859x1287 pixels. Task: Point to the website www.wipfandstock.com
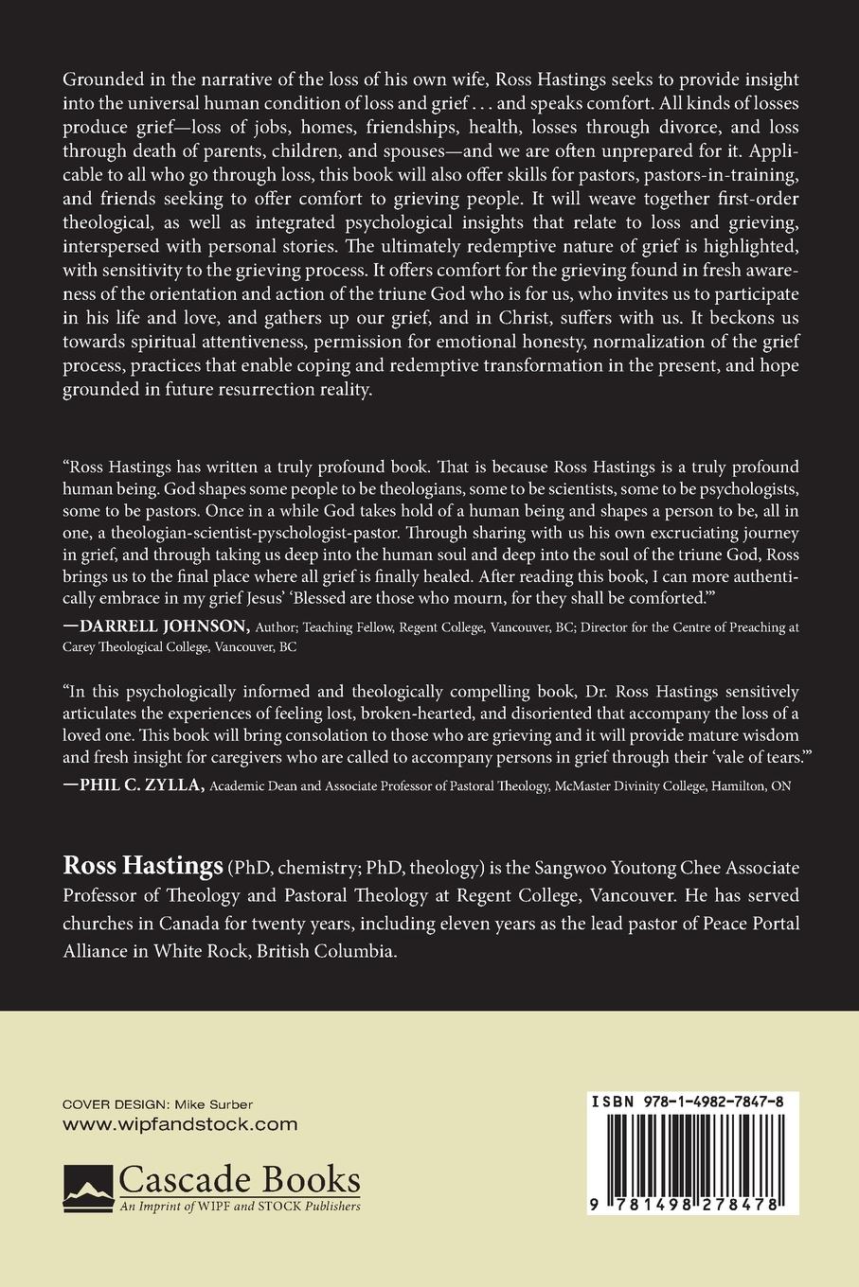[180, 1124]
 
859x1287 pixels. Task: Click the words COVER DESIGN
[110, 1104]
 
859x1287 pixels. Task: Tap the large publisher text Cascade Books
[240, 1180]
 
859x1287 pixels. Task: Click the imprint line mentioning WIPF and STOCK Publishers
[240, 1207]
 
